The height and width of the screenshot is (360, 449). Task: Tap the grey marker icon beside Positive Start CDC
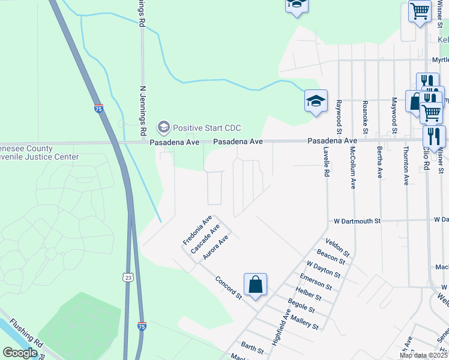tap(163, 127)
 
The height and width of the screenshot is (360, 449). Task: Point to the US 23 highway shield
tap(127, 277)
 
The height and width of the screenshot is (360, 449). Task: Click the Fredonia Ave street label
tap(197, 230)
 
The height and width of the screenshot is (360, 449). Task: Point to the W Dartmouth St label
tap(357, 221)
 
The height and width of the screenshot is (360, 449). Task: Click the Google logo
tap(20, 352)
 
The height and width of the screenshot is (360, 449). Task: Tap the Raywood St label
tap(339, 117)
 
